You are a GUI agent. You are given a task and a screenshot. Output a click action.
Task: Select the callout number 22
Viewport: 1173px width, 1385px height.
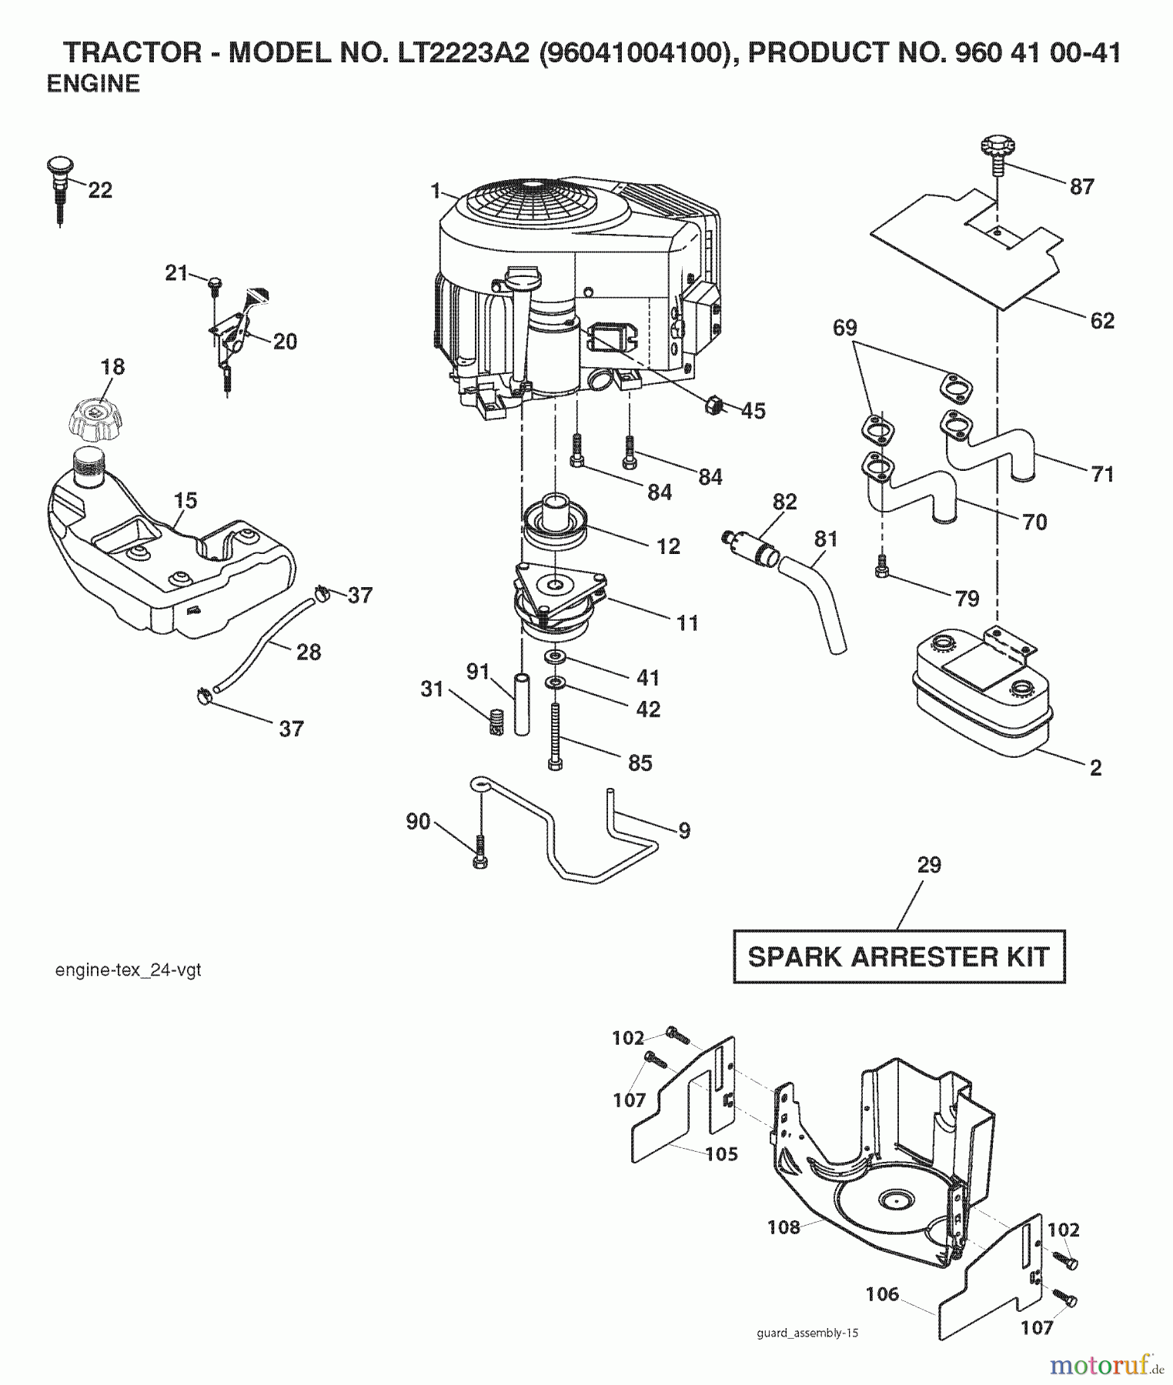click(x=100, y=190)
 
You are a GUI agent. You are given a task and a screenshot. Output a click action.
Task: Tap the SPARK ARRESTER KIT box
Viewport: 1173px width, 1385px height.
click(x=898, y=957)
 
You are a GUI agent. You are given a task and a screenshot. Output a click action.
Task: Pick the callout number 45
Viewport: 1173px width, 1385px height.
click(x=753, y=411)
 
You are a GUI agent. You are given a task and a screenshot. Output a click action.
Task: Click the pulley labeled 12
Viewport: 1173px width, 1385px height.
click(x=554, y=526)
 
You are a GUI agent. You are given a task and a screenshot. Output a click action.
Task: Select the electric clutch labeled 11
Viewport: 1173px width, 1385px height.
click(x=558, y=600)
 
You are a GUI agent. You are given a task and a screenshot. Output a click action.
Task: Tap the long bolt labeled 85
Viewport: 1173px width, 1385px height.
click(x=556, y=735)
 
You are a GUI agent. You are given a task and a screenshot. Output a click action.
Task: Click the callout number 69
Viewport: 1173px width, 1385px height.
click(x=844, y=328)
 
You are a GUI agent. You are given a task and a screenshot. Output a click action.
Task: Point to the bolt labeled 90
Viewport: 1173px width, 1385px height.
click(x=479, y=853)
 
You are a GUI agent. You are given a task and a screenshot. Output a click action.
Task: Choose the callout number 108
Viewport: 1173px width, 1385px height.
click(x=784, y=1227)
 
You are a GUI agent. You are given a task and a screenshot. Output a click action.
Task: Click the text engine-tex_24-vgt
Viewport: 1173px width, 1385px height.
click(x=128, y=970)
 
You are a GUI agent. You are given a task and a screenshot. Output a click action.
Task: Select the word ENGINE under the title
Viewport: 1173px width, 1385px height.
click(x=93, y=83)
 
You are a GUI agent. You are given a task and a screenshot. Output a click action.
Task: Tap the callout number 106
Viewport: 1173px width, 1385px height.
click(x=882, y=1294)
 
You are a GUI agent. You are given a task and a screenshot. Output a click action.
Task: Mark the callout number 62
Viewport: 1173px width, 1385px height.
click(x=1102, y=321)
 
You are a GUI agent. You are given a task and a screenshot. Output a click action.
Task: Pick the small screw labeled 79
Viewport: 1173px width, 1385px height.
click(x=882, y=570)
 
